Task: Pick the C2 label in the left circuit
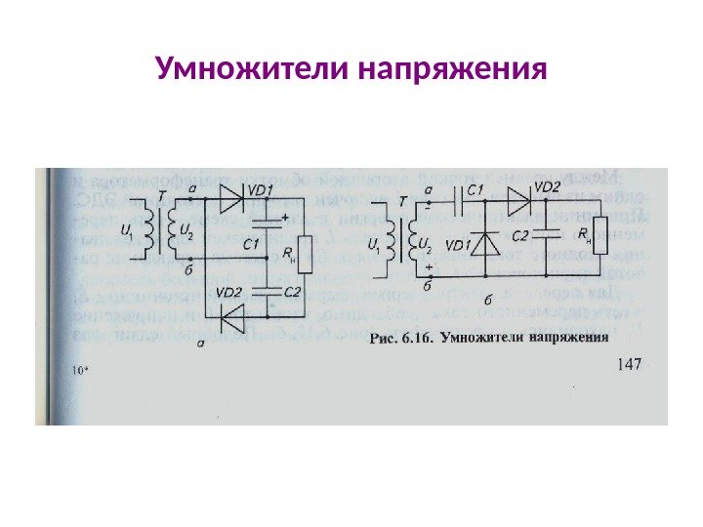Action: (x=291, y=290)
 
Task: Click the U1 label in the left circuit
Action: (x=126, y=231)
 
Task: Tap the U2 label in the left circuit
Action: (x=185, y=231)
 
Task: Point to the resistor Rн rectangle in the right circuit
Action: (x=599, y=235)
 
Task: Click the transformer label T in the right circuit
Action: (x=403, y=201)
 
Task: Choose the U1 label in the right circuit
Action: (x=374, y=246)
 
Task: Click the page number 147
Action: (x=634, y=365)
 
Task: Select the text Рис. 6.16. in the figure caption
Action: (x=402, y=341)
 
